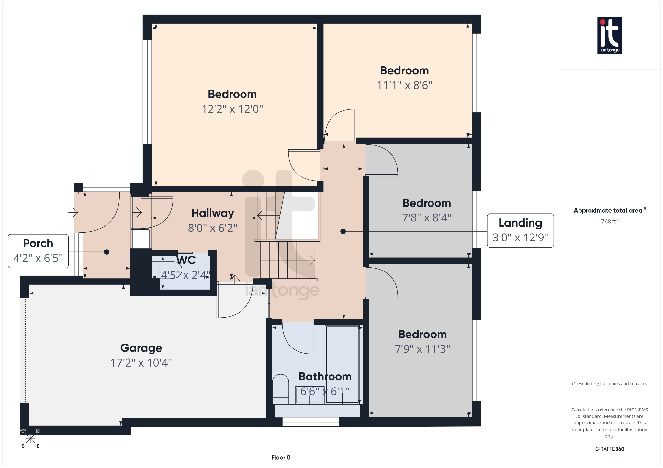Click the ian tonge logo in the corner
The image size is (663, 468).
coord(609,36)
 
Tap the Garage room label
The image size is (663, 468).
coord(141,348)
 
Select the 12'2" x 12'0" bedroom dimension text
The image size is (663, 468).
coord(232,109)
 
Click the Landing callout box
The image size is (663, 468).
coord(520,230)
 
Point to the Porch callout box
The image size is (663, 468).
coord(38,251)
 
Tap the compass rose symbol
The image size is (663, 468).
coord(30,439)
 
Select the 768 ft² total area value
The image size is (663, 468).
coord(609,221)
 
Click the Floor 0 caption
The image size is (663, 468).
coord(281,457)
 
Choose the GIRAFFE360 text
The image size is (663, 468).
coord(609,449)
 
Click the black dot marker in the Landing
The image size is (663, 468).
coord(343,231)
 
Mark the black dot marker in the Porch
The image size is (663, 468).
coord(107,252)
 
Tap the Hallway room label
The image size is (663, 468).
coord(212,213)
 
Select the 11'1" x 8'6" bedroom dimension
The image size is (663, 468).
coord(404,85)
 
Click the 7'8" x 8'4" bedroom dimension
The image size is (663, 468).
coord(426,218)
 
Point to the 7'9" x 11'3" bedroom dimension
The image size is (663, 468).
coord(422,349)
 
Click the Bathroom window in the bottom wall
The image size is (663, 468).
coord(311,422)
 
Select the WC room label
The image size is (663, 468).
coord(186,260)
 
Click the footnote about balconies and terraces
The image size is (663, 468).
coord(609,384)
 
